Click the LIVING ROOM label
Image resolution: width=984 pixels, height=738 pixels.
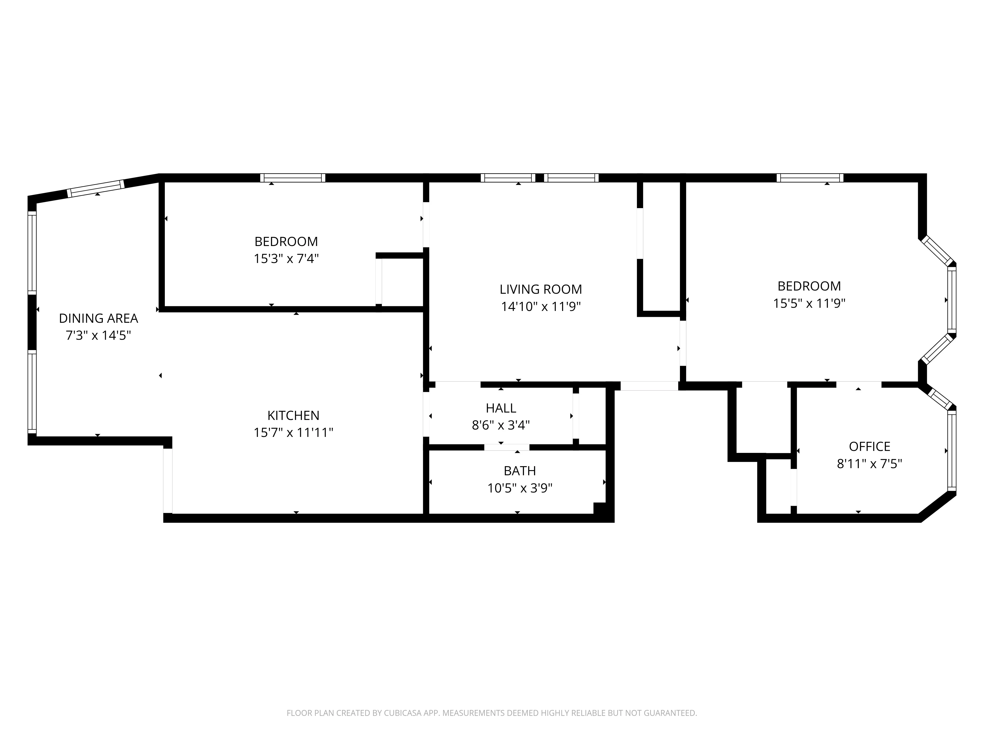(x=540, y=289)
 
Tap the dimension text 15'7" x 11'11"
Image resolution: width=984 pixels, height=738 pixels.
(x=293, y=432)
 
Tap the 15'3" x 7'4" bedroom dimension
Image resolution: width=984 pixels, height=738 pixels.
(x=286, y=259)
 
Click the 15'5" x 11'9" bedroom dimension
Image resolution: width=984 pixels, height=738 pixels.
(x=809, y=303)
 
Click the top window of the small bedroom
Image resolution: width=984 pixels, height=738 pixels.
(x=293, y=178)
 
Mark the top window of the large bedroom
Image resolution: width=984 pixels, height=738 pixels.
(x=810, y=178)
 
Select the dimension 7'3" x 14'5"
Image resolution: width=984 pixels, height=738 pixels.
(x=98, y=335)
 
